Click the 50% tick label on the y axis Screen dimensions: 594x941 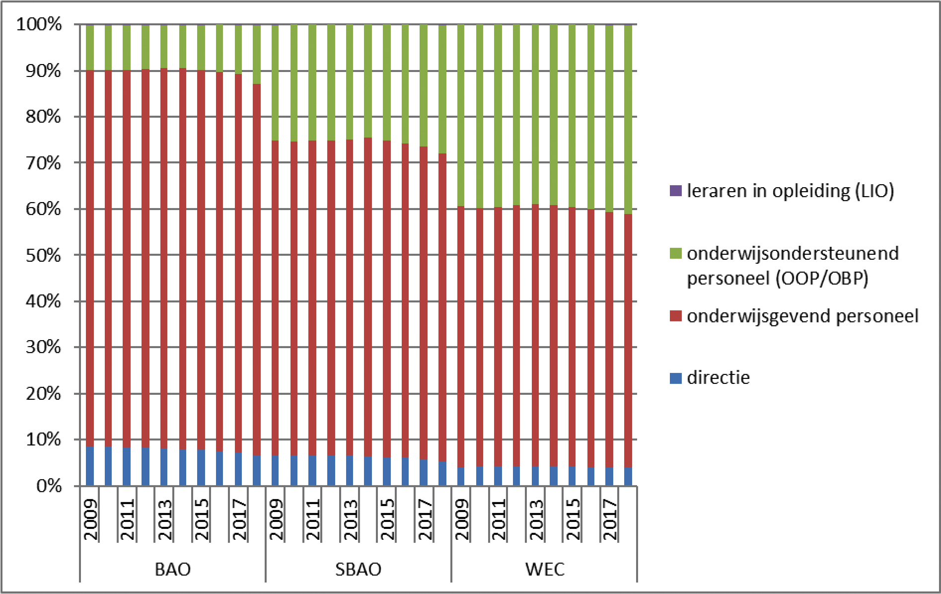(43, 255)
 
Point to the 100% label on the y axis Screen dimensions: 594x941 (39, 24)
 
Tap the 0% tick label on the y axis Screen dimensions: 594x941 (49, 486)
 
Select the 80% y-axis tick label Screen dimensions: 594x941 (43, 117)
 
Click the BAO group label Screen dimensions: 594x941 (173, 569)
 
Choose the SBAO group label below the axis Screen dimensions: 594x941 (358, 569)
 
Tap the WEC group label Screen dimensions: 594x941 (545, 569)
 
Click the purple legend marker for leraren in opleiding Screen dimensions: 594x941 (675, 191)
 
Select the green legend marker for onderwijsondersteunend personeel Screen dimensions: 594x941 (675, 253)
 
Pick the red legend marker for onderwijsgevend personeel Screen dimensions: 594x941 (675, 316)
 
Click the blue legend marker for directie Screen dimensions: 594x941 (675, 378)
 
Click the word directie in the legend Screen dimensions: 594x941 (718, 378)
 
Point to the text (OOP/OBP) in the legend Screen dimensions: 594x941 (822, 278)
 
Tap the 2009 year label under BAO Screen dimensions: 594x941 (90, 519)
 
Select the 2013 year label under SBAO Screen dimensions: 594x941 (350, 519)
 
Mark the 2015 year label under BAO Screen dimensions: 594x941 (202, 519)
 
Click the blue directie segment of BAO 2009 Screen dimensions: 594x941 (90, 466)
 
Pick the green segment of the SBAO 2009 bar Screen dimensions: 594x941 (275, 82)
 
